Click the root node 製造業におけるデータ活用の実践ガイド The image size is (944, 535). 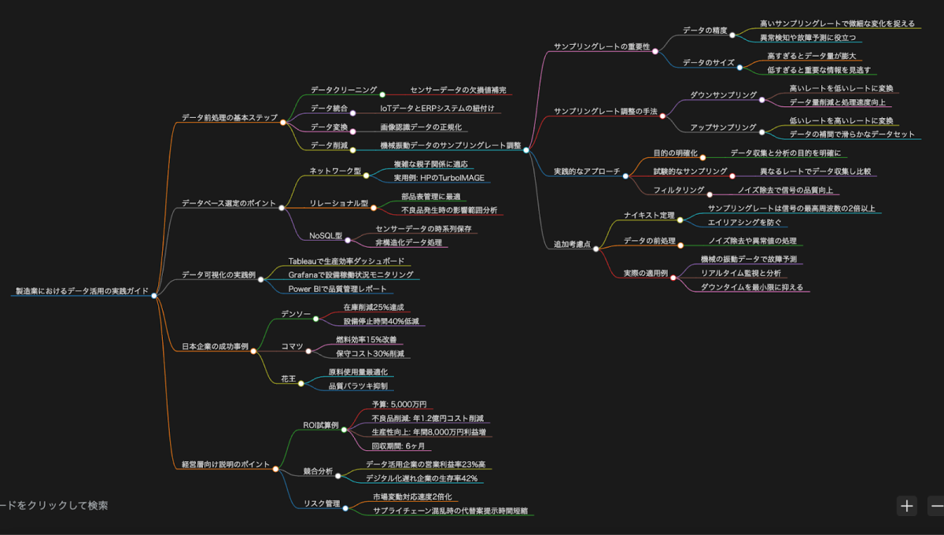[x=82, y=291]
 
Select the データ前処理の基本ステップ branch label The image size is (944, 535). [x=229, y=118]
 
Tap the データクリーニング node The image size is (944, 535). [x=343, y=90]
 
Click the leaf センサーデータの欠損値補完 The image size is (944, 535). [x=458, y=90]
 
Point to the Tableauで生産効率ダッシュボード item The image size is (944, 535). [x=346, y=260]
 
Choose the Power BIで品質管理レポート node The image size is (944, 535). [x=337, y=289]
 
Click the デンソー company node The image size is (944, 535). [x=296, y=314]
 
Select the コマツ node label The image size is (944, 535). [x=292, y=346]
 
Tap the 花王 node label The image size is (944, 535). [x=288, y=378]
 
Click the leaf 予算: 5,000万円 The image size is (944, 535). [x=399, y=404]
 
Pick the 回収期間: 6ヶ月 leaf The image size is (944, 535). [x=399, y=446]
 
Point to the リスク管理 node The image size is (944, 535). [x=322, y=504]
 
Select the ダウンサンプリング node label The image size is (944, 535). [x=723, y=95]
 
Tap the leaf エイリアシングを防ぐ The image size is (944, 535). [x=744, y=223]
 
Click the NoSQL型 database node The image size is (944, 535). [x=325, y=235]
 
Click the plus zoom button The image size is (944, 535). [x=907, y=506]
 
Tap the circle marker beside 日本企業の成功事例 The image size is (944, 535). [x=253, y=351]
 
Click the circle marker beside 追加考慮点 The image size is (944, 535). [x=596, y=249]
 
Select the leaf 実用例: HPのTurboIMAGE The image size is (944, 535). [x=439, y=178]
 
